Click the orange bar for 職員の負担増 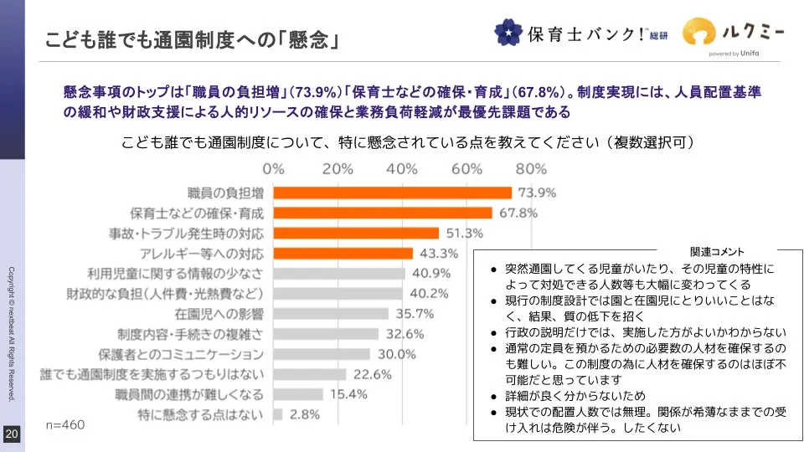pyautogui.click(x=392, y=193)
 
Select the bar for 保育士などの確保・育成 pyautogui.click(x=383, y=213)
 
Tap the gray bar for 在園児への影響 pyautogui.click(x=331, y=314)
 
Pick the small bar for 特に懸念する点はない pyautogui.click(x=278, y=414)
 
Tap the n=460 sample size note pyautogui.click(x=65, y=425)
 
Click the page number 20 pyautogui.click(x=12, y=434)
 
